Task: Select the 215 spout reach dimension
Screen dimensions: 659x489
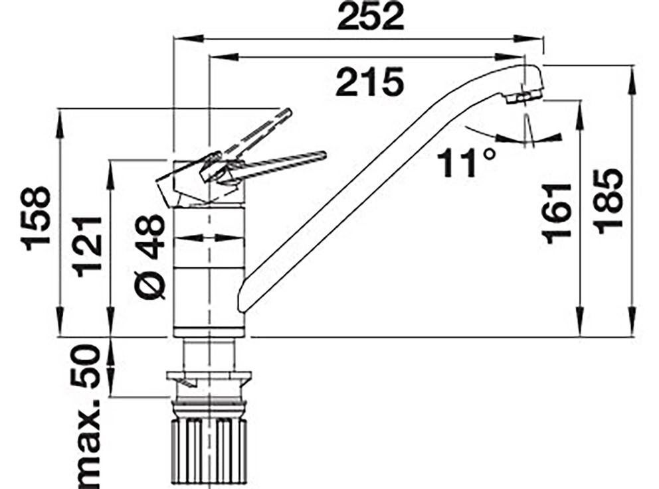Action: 370,82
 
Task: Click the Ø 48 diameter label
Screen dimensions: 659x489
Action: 151,257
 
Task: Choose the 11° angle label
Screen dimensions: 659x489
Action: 466,163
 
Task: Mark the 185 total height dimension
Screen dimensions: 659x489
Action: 608,202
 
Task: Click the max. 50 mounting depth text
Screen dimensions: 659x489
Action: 86,415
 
